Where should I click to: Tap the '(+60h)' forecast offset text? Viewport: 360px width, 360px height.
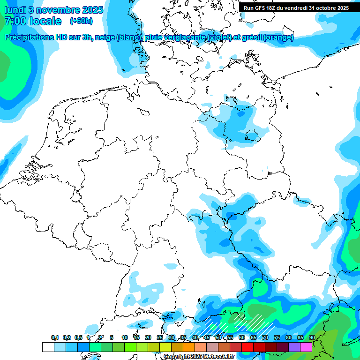(81, 21)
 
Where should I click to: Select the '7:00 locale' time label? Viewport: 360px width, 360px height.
(33, 21)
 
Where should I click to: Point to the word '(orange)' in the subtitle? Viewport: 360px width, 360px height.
(278, 37)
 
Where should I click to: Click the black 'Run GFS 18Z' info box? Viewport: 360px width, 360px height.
(296, 7)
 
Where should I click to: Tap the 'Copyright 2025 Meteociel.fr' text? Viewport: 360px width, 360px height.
(199, 356)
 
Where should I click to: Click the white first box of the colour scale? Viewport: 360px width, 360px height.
(48, 347)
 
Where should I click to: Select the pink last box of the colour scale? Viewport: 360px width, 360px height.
(306, 347)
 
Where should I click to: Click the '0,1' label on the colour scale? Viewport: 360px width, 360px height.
(55, 337)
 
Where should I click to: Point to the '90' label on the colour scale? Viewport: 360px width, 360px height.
(312, 337)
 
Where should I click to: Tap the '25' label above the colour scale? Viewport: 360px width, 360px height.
(159, 337)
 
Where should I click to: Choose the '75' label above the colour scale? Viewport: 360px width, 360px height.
(277, 337)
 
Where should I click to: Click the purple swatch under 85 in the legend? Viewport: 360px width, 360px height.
(294, 347)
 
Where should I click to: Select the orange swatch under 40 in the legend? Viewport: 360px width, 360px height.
(189, 347)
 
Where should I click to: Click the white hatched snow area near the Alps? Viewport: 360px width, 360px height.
(253, 322)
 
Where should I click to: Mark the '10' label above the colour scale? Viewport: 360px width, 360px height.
(124, 337)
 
